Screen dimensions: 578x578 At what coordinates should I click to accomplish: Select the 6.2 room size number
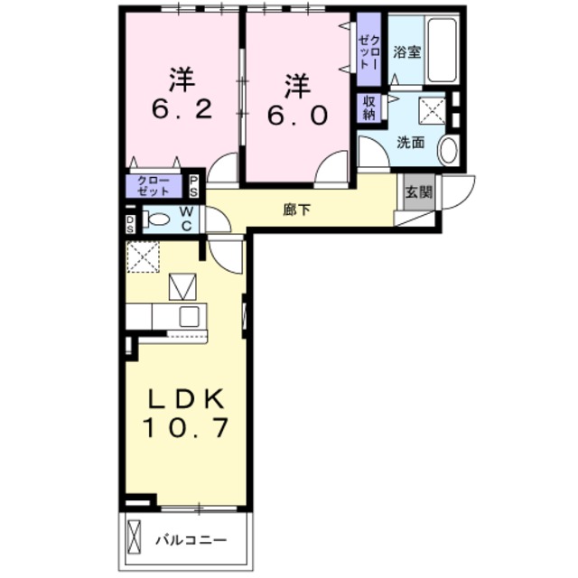181,110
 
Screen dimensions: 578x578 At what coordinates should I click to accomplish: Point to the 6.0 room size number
297,116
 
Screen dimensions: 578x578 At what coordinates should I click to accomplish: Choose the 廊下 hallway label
296,210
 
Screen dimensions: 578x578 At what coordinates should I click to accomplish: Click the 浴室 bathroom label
405,52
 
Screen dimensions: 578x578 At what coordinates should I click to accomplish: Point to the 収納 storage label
369,107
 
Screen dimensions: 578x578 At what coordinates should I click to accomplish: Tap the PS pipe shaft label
194,185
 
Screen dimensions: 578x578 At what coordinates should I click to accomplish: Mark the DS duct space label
131,221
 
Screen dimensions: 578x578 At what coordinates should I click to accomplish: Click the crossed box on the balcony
135,539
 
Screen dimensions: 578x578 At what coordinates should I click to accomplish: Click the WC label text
186,219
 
